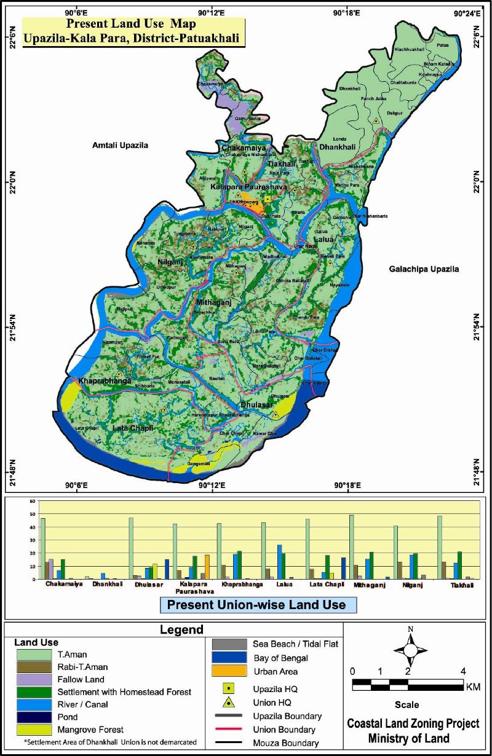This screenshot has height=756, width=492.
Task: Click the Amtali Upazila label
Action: [x=120, y=145]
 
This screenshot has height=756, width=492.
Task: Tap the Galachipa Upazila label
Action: [x=424, y=269]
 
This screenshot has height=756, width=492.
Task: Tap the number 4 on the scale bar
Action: [x=462, y=671]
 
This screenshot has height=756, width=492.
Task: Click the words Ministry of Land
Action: [x=407, y=738]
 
